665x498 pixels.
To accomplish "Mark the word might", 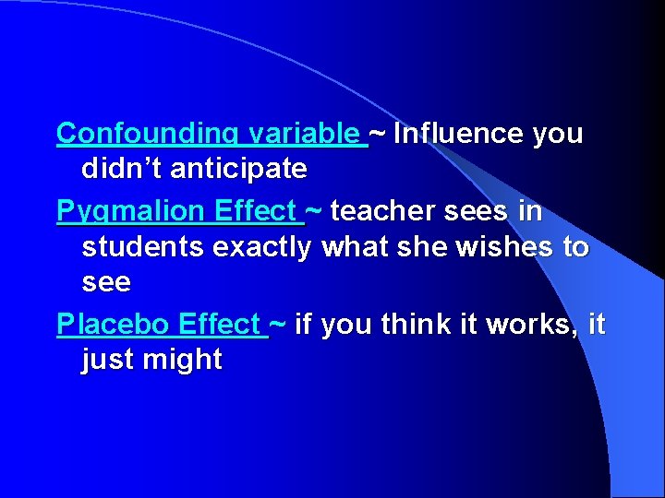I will point(184,359).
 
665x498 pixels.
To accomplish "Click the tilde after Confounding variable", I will point(380,135).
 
